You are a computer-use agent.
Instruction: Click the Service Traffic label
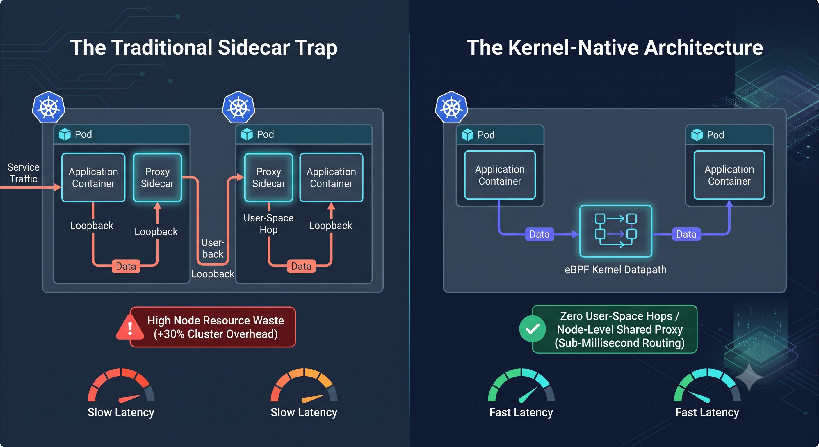coord(24,173)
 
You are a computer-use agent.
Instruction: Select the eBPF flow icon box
coord(616,231)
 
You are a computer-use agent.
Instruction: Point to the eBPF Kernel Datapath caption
coord(615,269)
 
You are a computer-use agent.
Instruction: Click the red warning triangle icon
coord(130,327)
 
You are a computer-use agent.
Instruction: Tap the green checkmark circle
coord(533,329)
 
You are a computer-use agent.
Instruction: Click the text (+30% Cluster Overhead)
coord(216,334)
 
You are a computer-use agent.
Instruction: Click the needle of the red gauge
coord(130,399)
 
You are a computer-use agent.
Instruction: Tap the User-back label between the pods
coord(213,248)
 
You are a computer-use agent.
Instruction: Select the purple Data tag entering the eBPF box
coord(540,234)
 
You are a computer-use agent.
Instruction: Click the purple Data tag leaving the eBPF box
coord(686,234)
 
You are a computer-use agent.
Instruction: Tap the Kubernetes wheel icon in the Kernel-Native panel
coord(451,107)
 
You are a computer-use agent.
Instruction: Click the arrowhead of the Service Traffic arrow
coord(58,187)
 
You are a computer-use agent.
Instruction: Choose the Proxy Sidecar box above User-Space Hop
coord(269,178)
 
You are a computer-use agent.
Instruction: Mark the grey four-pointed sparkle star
coord(749,377)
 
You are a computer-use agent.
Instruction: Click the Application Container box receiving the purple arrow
coord(729,175)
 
